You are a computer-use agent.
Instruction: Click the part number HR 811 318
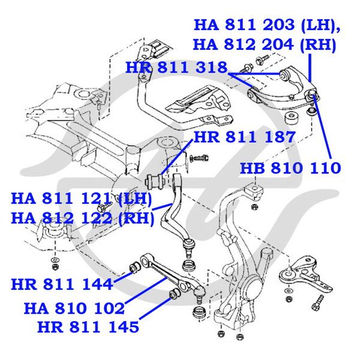[176, 68]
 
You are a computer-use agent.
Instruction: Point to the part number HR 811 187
[244, 137]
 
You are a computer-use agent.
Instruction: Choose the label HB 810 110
[290, 168]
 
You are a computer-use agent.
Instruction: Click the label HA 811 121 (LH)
[82, 197]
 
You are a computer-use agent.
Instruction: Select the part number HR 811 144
[61, 283]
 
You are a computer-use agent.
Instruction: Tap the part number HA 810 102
[74, 308]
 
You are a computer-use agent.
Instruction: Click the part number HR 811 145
[88, 328]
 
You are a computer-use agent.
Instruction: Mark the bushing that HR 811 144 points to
[134, 266]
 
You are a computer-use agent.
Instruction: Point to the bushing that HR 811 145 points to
[175, 293]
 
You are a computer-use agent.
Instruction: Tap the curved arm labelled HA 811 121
[178, 207]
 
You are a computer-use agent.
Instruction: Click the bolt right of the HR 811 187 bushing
[200, 158]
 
